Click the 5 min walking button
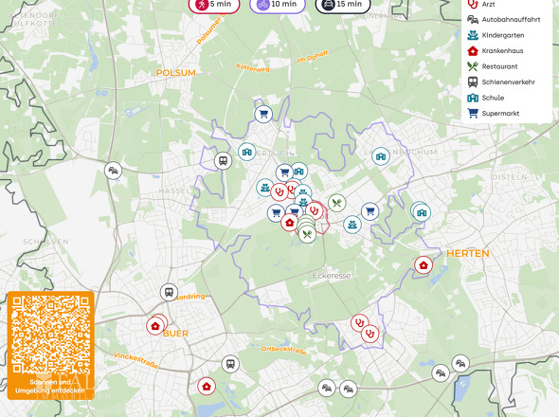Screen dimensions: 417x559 tap(213, 4)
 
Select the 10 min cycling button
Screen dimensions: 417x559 tap(277, 4)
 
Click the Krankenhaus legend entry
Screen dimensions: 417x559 tap(502, 50)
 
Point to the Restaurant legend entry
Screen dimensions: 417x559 tap(499, 66)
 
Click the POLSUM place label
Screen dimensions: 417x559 tap(175, 72)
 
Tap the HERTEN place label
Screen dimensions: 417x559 tap(467, 253)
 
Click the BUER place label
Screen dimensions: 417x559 tap(175, 334)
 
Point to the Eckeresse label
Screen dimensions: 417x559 tap(332, 276)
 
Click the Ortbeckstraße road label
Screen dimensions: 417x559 tap(284, 350)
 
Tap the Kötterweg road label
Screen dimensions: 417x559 tap(253, 68)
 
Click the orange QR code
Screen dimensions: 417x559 tap(51, 335)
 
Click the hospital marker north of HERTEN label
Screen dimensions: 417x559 tap(424, 264)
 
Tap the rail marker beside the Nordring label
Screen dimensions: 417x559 tap(170, 293)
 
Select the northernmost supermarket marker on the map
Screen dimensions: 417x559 tap(263, 115)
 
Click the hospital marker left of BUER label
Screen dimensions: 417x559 tap(155, 325)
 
